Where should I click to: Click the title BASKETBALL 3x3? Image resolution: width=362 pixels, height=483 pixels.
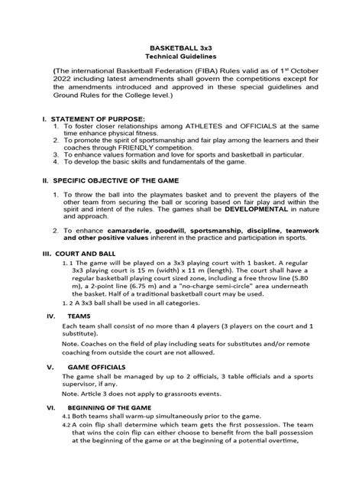pos(180,47)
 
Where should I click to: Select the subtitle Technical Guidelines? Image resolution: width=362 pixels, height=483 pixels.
pos(180,57)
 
